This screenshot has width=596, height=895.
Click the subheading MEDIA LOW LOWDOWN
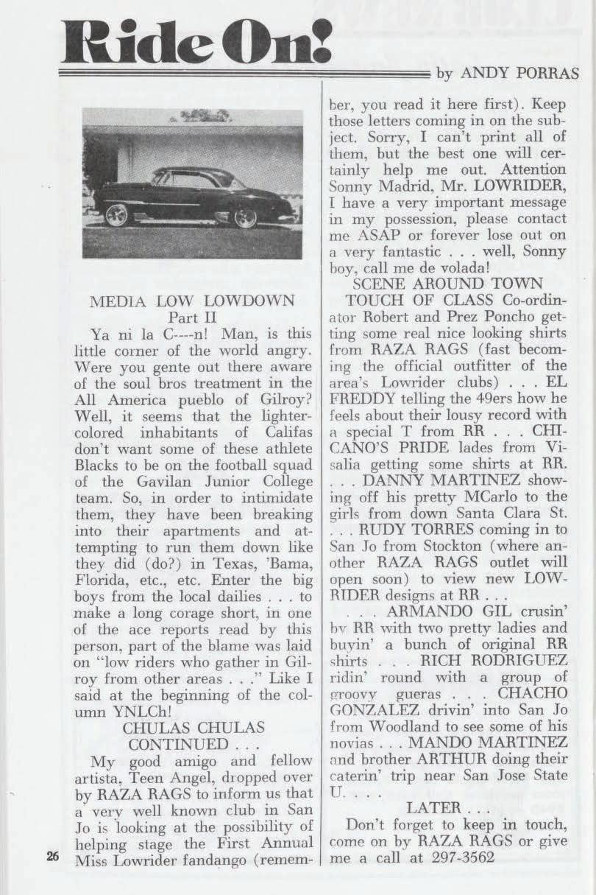pos(191,301)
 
